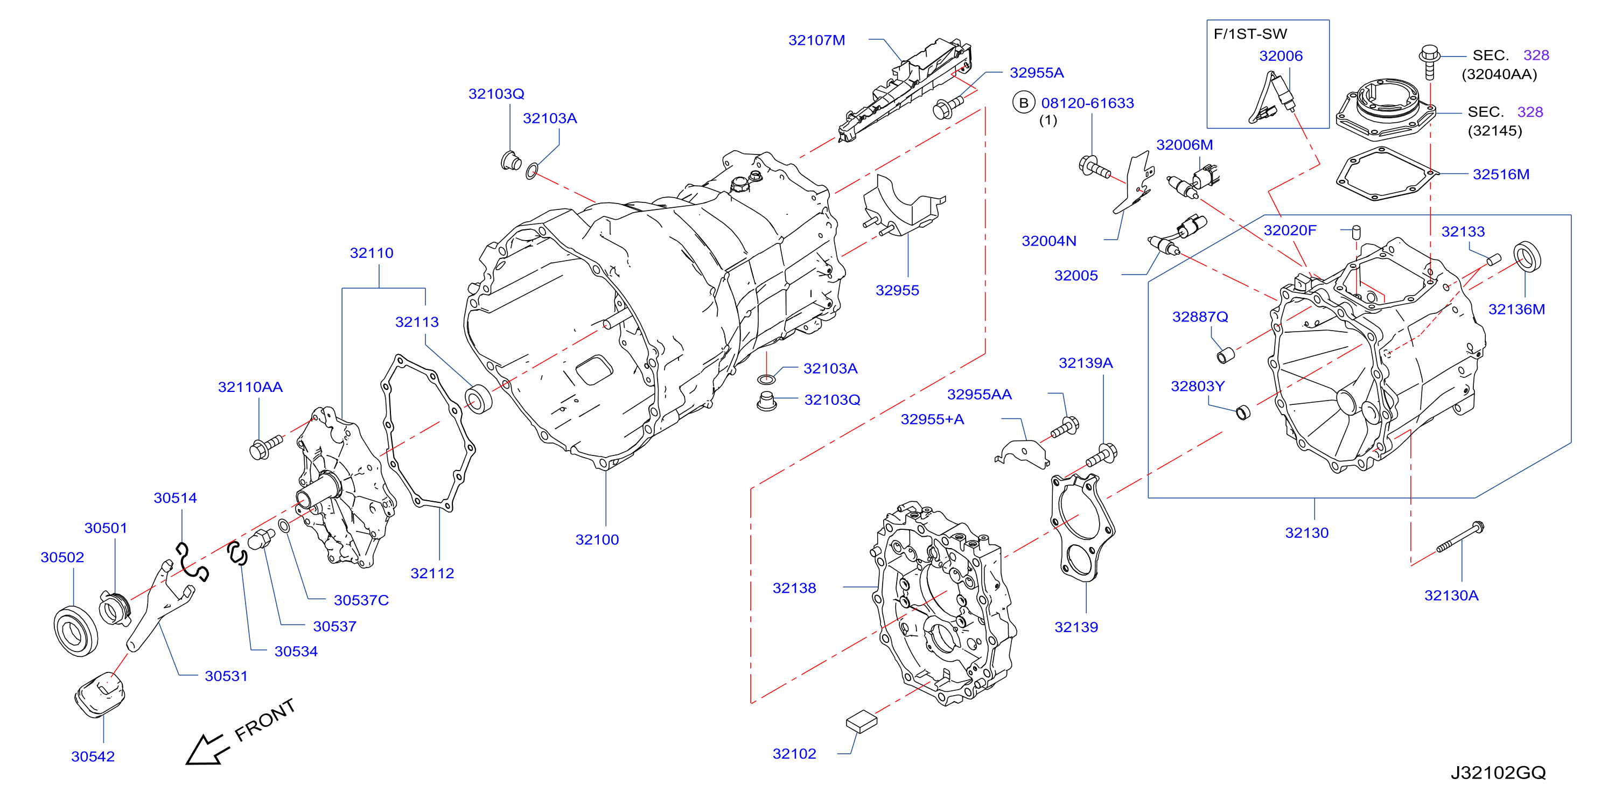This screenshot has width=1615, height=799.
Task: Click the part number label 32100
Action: point(597,539)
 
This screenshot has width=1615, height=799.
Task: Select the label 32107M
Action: point(816,40)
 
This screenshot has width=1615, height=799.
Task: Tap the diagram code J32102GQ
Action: point(1498,773)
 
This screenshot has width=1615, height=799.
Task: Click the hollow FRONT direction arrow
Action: point(205,749)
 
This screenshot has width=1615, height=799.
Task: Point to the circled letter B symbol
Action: point(1024,103)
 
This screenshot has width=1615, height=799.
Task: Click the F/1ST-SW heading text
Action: point(1250,34)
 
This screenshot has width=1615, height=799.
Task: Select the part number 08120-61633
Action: point(1088,103)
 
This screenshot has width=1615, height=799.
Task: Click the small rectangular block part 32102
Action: point(862,721)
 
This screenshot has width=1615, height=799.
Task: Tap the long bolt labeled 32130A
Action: point(1460,537)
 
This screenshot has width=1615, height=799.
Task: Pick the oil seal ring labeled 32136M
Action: point(1527,256)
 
